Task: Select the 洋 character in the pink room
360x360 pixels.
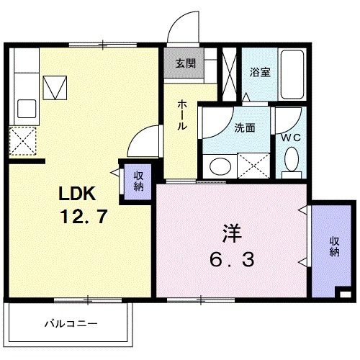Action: [230, 235]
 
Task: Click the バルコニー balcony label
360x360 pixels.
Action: [70, 323]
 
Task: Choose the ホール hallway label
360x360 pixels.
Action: [183, 114]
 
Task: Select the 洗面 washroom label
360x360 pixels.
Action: [245, 127]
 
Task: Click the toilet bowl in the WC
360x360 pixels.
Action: [292, 161]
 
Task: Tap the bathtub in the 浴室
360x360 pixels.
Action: [294, 75]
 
